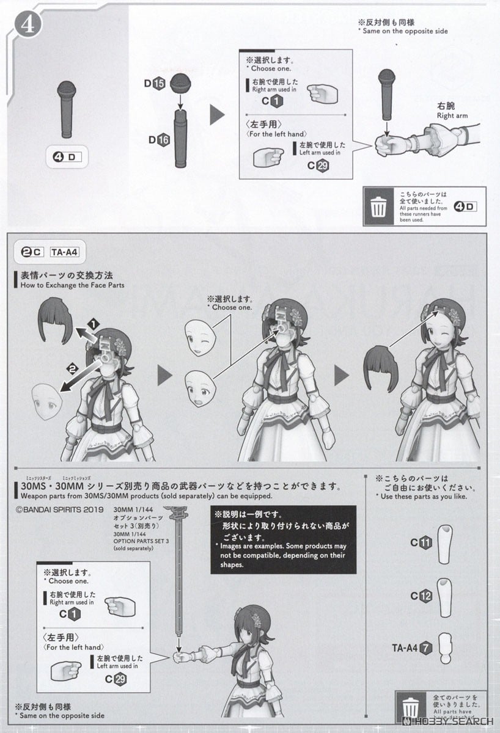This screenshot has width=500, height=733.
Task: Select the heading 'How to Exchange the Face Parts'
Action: (x=72, y=285)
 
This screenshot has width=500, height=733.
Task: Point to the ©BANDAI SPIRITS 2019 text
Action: (x=55, y=507)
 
